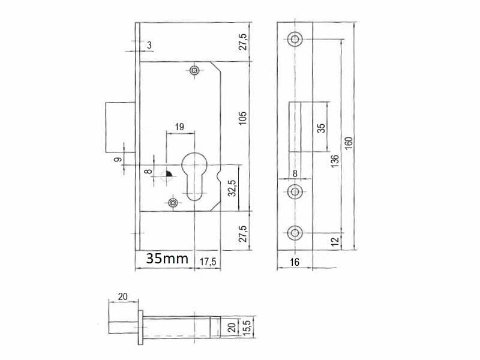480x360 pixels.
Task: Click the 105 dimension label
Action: point(242,118)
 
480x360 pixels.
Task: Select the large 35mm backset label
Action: point(167,259)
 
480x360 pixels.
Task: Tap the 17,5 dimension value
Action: point(208,262)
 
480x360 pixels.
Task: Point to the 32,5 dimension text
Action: point(232,188)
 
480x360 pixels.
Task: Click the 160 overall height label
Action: point(349,143)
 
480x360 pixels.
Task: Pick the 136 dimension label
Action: point(335,161)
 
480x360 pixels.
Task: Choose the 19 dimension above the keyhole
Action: point(179,127)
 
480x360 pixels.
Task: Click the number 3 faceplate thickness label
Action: point(149,46)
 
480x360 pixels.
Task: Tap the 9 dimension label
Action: point(118,160)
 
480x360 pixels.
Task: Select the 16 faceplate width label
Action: point(295,262)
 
